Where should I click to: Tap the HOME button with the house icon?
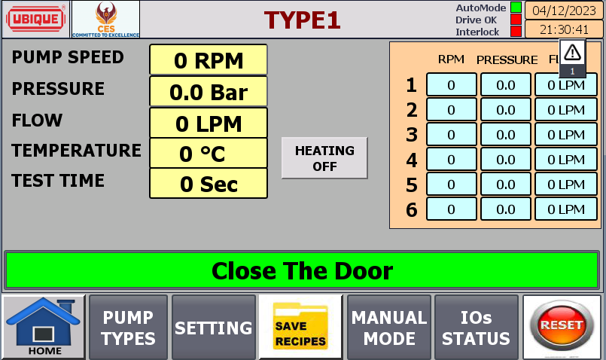(x=44, y=327)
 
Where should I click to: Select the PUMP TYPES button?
(x=128, y=328)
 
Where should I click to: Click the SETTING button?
(x=214, y=328)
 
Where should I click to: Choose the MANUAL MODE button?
(x=389, y=328)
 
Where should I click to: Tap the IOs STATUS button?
(x=476, y=328)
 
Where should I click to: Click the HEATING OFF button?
(x=324, y=157)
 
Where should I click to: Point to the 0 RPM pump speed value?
(x=209, y=59)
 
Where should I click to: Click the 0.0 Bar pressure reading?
(x=209, y=91)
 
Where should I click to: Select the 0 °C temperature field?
(x=209, y=153)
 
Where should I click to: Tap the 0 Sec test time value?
(x=209, y=183)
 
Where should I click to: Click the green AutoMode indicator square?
(x=516, y=8)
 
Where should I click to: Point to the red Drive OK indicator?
(x=516, y=20)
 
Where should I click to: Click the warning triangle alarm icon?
(x=572, y=53)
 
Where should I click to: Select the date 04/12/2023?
(x=564, y=11)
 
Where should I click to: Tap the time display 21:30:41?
(x=564, y=29)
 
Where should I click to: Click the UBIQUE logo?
(x=35, y=19)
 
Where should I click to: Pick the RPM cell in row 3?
(x=452, y=135)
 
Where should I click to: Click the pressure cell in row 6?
(x=506, y=209)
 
